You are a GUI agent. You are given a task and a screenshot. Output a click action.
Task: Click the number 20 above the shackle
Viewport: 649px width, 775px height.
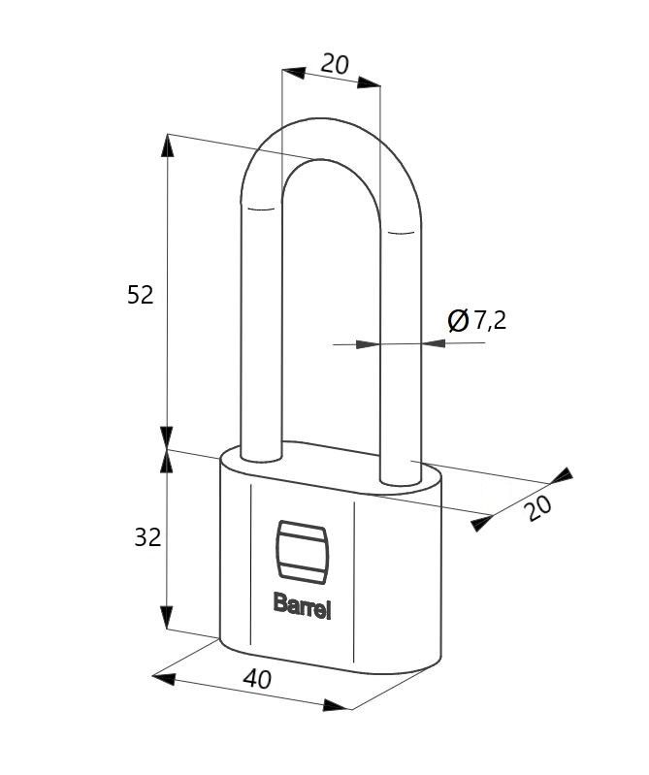click(335, 64)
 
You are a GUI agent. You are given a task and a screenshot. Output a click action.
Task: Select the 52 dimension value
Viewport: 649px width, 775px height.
click(141, 295)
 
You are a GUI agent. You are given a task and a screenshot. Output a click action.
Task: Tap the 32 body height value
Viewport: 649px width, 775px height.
click(147, 537)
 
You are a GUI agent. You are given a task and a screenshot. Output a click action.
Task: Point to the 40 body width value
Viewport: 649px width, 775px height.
click(257, 679)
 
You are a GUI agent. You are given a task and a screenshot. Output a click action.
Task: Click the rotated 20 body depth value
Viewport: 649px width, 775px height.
click(538, 508)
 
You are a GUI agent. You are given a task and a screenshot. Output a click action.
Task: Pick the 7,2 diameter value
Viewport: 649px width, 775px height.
click(490, 321)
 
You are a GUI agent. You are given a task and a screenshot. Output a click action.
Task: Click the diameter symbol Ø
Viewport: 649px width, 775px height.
click(458, 320)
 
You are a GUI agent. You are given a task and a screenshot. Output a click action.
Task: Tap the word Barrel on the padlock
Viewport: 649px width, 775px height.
click(302, 605)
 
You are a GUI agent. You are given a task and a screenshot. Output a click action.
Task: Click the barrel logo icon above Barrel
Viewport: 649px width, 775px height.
click(302, 549)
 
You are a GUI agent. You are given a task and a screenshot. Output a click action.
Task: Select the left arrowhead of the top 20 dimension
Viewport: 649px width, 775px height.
click(294, 73)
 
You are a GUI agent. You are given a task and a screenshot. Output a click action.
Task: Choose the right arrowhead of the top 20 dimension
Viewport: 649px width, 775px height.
click(370, 82)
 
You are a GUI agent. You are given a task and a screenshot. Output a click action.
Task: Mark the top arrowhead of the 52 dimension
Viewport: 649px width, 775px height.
click(168, 145)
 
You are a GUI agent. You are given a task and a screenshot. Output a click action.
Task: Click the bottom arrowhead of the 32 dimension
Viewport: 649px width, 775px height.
click(168, 618)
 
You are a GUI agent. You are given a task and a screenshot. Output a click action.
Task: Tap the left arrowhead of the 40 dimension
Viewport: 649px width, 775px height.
click(164, 678)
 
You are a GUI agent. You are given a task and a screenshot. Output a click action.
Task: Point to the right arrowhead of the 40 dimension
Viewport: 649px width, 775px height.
click(337, 705)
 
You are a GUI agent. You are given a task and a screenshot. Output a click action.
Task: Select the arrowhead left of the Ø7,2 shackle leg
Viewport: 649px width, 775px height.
click(368, 344)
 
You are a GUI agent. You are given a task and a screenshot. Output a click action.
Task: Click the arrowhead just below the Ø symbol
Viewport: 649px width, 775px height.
click(435, 343)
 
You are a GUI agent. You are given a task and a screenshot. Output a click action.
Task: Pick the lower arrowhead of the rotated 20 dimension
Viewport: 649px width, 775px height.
click(482, 523)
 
